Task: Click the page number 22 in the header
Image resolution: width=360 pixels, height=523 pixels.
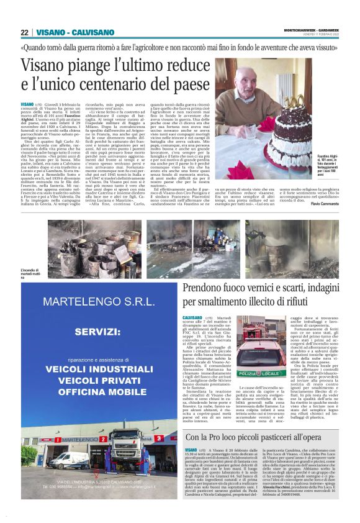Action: [x=25, y=32]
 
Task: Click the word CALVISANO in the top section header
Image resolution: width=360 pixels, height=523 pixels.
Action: [x=93, y=32]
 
